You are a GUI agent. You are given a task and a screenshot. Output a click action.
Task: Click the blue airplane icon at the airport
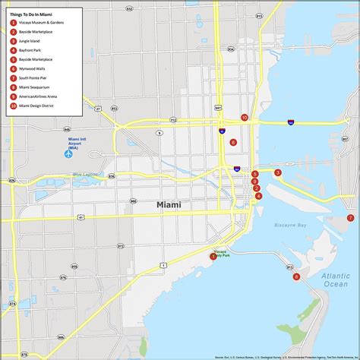tap(68, 154)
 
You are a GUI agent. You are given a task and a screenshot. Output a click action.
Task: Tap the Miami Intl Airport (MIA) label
tap(78, 142)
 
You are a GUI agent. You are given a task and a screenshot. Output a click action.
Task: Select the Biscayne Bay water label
tap(291, 226)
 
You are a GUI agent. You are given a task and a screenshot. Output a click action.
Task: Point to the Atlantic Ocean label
tap(335, 279)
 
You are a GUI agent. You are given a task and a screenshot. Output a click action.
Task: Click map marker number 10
tap(244, 118)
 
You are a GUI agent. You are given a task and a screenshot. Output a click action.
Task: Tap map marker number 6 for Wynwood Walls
tap(233, 142)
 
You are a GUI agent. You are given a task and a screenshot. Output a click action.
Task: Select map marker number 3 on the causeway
tap(278, 172)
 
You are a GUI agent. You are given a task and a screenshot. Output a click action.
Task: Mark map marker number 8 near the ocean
tap(296, 276)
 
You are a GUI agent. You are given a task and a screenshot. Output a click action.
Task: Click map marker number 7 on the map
tap(351, 218)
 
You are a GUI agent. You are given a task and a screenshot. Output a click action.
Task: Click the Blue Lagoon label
tap(86, 175)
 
